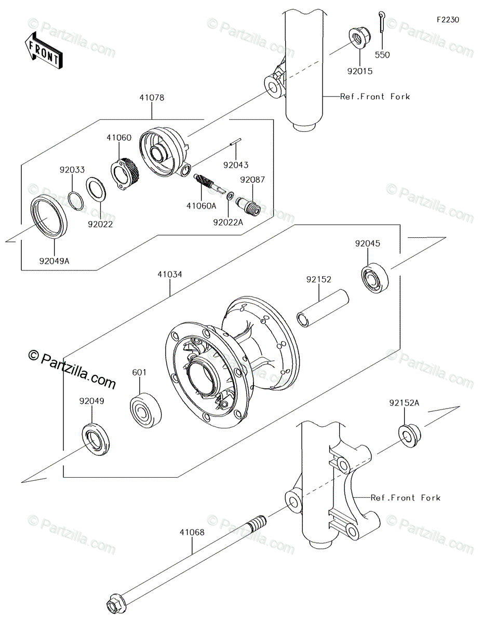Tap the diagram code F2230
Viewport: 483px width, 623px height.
pos(447,20)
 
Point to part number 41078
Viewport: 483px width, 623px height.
pos(151,97)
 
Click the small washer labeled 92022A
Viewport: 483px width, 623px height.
pos(230,198)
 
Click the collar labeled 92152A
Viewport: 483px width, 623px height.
pos(409,434)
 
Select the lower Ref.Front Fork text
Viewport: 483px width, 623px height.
pos(405,498)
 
